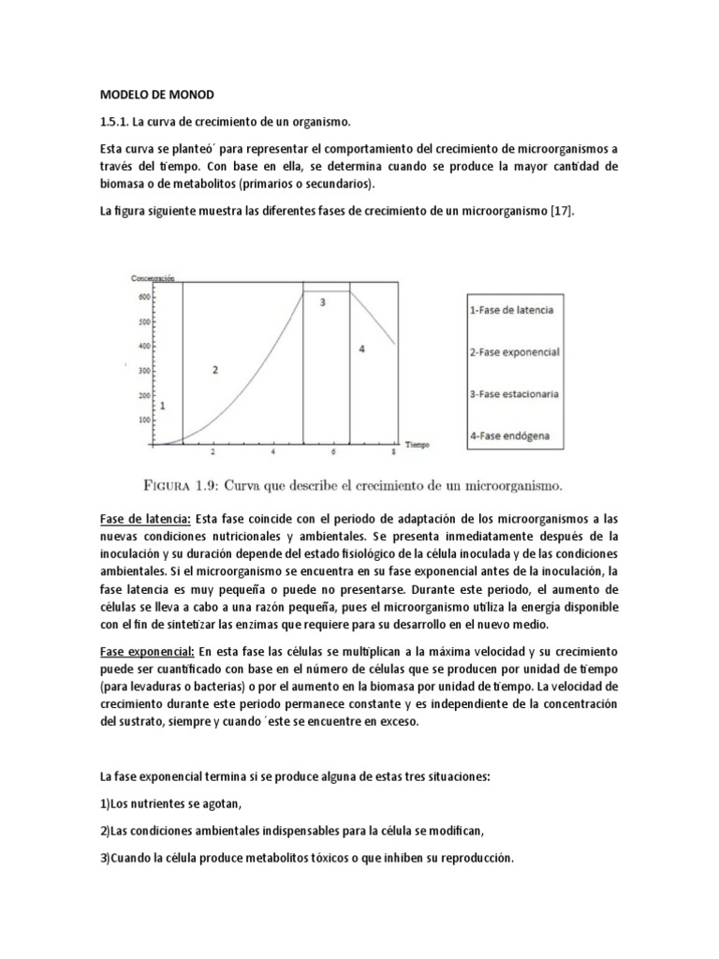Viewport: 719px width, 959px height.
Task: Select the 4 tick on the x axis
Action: pyautogui.click(x=272, y=454)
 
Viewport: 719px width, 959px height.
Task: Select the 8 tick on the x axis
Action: pyautogui.click(x=393, y=454)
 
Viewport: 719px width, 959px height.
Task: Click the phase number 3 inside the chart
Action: pyautogui.click(x=322, y=302)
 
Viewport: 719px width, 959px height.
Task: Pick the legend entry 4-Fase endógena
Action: pyautogui.click(x=511, y=435)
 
